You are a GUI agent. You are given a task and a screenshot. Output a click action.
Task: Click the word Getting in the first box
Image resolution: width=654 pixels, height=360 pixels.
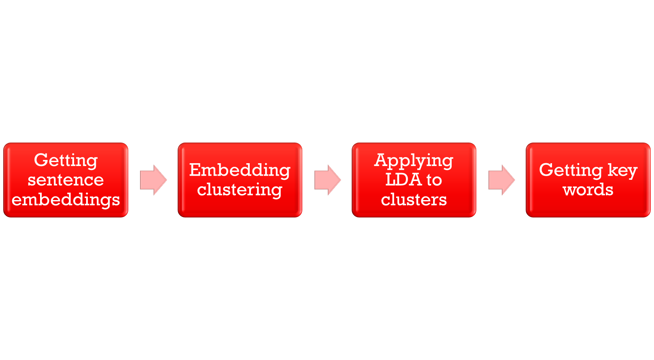(x=66, y=161)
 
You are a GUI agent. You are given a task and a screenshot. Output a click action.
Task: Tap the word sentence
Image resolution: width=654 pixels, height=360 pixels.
(x=66, y=180)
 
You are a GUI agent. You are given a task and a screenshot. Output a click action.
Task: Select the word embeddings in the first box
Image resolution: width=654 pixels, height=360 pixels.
(x=66, y=200)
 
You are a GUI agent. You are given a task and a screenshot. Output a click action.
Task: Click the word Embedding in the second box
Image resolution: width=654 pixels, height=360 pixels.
(x=240, y=170)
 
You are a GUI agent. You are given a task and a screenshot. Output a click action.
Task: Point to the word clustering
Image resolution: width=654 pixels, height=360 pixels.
(x=240, y=190)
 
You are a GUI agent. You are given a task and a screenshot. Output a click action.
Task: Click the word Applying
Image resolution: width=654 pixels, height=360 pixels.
(x=414, y=161)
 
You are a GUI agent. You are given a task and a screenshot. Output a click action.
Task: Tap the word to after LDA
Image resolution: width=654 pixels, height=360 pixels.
(x=434, y=180)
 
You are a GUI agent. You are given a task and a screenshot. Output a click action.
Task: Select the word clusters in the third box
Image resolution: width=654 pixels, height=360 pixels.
(x=414, y=200)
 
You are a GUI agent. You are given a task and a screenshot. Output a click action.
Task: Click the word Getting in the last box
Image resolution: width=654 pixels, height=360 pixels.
(x=571, y=170)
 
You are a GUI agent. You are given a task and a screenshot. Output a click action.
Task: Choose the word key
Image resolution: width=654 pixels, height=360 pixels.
(x=622, y=170)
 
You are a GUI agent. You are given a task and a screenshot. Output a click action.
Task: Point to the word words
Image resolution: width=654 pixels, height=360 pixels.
(x=588, y=190)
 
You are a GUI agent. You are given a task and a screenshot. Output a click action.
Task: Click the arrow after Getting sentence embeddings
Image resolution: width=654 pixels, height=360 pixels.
(x=153, y=180)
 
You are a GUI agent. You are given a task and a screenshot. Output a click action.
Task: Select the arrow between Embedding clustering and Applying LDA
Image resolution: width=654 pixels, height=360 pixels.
(x=327, y=180)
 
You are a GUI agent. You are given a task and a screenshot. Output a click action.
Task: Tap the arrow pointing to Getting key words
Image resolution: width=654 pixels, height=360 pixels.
(x=501, y=180)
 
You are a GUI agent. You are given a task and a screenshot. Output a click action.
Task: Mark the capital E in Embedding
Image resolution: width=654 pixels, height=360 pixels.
(x=195, y=170)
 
